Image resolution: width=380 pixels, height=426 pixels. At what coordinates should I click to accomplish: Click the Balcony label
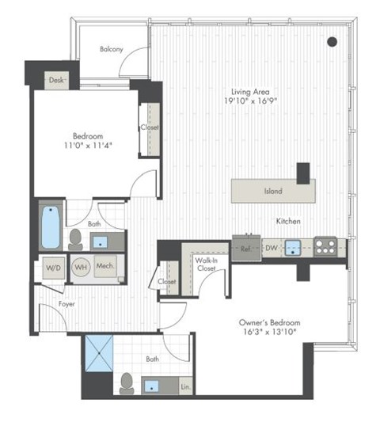point(111,49)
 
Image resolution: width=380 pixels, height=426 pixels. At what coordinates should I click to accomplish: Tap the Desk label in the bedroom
point(55,80)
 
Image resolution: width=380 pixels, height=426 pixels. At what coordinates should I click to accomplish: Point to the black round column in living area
point(332,42)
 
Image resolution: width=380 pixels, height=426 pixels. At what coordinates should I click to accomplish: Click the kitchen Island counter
point(272,191)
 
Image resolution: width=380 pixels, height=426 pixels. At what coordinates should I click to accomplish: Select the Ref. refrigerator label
point(245,248)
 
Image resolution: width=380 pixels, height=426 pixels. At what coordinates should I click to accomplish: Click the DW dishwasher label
point(271,248)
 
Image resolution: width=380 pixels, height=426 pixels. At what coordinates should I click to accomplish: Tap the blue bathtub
point(50,227)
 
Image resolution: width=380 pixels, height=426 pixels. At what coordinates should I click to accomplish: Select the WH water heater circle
point(80,268)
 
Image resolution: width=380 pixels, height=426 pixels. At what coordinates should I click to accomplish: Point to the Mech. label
point(105,268)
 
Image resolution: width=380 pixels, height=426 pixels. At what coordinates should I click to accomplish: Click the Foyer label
point(66,302)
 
